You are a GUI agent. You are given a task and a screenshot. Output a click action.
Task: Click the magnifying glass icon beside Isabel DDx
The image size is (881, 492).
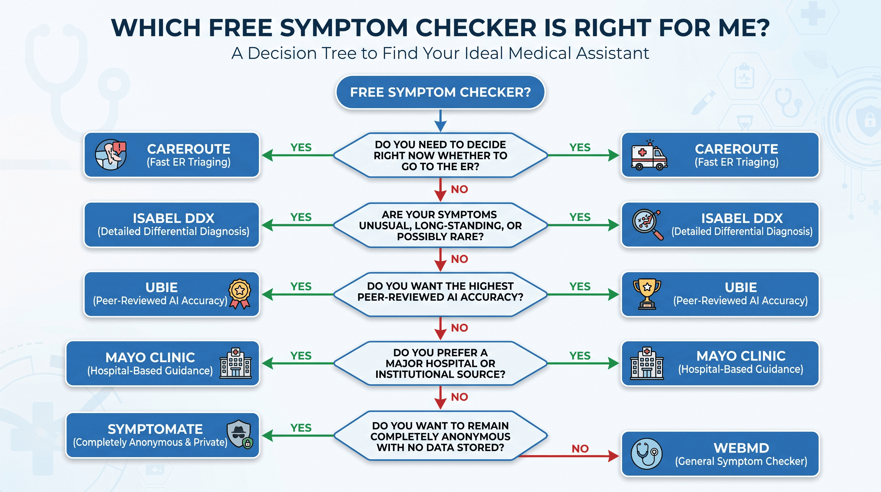click(x=647, y=225)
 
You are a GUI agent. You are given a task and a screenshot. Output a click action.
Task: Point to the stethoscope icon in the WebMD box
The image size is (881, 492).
click(x=646, y=454)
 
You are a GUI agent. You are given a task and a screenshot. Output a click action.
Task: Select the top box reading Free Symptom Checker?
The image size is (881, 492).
click(x=440, y=92)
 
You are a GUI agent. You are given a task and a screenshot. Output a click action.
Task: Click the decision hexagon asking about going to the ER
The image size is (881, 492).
click(x=440, y=155)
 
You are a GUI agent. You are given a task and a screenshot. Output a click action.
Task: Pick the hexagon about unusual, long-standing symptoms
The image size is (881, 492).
click(x=440, y=225)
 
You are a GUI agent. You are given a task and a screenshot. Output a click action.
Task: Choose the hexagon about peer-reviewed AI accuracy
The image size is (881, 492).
click(x=440, y=294)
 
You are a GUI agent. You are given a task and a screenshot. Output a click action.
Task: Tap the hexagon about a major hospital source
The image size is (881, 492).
click(x=440, y=363)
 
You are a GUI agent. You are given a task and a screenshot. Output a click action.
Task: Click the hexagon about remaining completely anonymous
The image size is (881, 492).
click(x=440, y=436)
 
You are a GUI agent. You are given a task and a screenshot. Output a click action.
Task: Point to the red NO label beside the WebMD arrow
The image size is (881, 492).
click(x=580, y=448)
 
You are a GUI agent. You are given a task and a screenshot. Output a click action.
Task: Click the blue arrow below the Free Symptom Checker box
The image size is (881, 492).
click(x=440, y=121)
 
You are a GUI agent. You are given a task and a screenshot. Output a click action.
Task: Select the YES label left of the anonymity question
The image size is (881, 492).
click(x=301, y=428)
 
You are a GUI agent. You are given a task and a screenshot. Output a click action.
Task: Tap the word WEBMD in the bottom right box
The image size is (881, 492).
click(x=741, y=448)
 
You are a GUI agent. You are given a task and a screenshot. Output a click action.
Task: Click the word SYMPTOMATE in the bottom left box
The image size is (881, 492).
click(x=155, y=429)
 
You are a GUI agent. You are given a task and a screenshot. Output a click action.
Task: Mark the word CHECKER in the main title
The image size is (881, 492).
click(x=476, y=28)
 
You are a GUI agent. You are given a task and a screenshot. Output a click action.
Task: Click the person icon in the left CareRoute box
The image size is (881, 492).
click(x=111, y=154)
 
